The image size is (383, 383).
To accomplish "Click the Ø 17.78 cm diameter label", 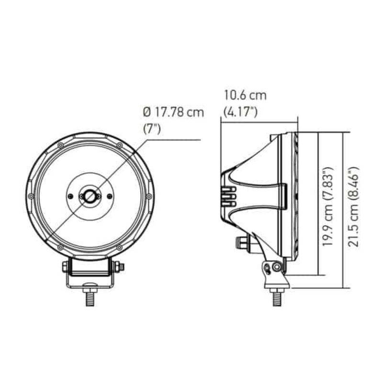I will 173,113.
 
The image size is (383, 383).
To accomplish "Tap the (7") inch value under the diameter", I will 152,128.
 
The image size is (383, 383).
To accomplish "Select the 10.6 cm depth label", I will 244,95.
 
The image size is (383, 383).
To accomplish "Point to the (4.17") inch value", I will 241,113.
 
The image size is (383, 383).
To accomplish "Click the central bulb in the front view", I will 90,196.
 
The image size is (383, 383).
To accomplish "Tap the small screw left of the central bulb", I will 70,196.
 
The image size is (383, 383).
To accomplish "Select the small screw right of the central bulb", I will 110,196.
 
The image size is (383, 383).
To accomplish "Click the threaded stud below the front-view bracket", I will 89,299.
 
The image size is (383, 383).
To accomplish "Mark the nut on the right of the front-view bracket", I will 121,266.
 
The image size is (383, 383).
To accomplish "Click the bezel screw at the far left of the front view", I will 31,196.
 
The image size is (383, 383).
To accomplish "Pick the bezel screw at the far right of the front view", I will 148,196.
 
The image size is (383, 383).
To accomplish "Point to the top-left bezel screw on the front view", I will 60,145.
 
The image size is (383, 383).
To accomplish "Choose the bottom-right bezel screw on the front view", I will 119,247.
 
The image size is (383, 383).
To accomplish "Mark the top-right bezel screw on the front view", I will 119,145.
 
